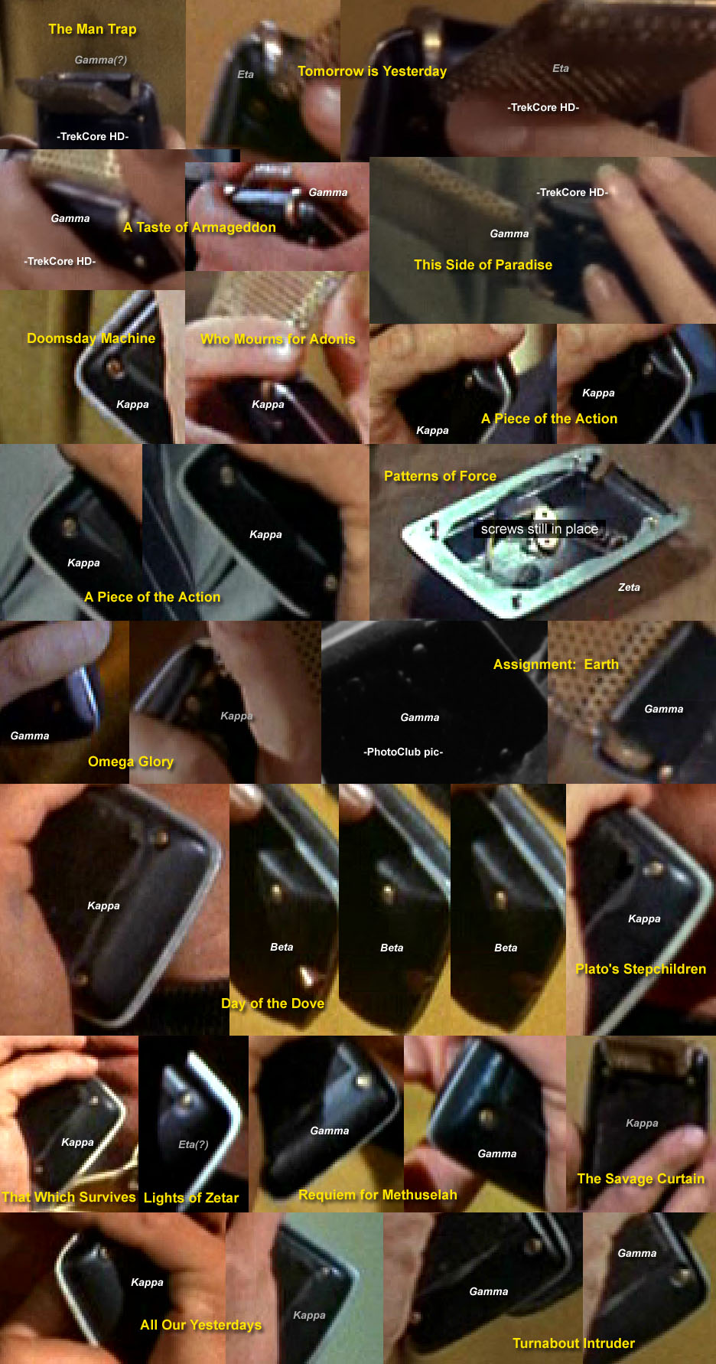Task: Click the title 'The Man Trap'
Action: (93, 29)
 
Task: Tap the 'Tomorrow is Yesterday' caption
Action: (372, 71)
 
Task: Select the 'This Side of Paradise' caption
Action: (483, 265)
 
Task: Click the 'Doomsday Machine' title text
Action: (91, 338)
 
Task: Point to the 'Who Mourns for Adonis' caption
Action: (278, 339)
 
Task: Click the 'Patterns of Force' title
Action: (440, 476)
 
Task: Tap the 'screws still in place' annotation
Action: (539, 529)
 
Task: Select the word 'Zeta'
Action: (629, 587)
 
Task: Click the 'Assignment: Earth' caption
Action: (556, 664)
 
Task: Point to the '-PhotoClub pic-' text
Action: (403, 752)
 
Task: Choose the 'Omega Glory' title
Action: (131, 762)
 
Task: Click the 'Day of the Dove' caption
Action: (272, 1003)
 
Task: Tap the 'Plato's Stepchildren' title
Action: (640, 969)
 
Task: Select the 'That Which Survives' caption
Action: (69, 1197)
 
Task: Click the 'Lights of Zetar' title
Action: (191, 1198)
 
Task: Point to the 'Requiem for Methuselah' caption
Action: (378, 1195)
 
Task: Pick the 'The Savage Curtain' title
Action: (641, 1179)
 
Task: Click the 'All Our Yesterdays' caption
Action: (201, 1325)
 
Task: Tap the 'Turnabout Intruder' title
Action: (574, 1343)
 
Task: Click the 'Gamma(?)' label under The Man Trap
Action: (101, 60)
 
